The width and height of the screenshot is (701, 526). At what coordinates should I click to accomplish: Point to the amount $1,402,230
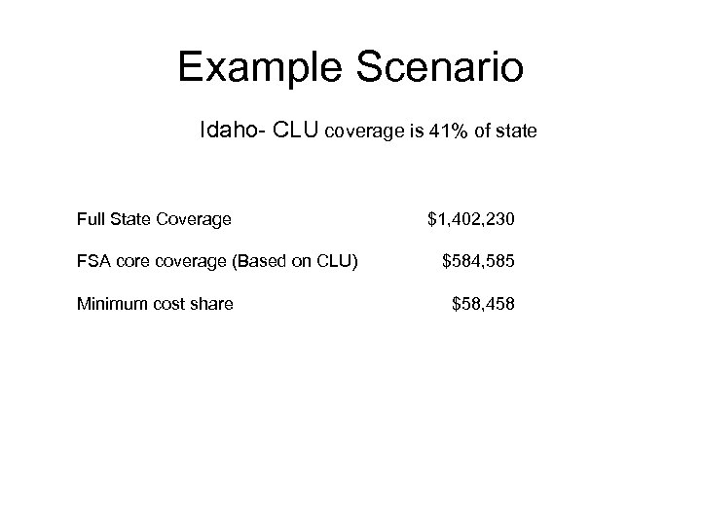pyautogui.click(x=471, y=219)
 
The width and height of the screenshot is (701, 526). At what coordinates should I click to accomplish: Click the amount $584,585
pyautogui.click(x=478, y=261)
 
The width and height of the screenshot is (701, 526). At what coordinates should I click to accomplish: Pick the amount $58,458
pyautogui.click(x=483, y=304)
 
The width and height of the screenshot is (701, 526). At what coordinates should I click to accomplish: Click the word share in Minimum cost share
pyautogui.click(x=211, y=304)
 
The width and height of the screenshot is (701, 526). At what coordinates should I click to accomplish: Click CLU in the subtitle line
pyautogui.click(x=294, y=129)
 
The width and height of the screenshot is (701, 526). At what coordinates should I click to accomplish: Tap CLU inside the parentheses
pyautogui.click(x=341, y=261)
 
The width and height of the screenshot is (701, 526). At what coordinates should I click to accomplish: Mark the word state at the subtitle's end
pyautogui.click(x=515, y=130)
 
